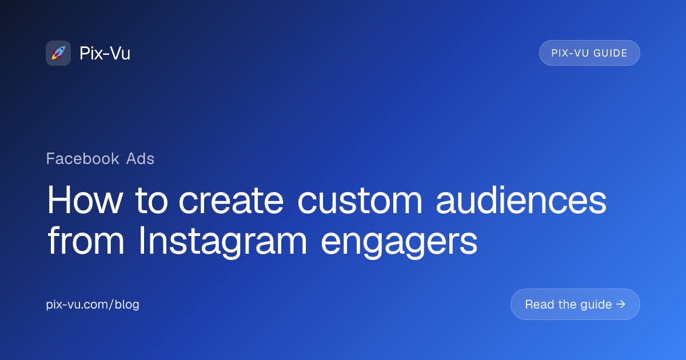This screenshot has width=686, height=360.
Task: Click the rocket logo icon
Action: pyautogui.click(x=58, y=53)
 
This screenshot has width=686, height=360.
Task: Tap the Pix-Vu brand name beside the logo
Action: pyautogui.click(x=105, y=53)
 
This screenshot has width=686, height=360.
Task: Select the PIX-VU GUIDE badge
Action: pyautogui.click(x=589, y=53)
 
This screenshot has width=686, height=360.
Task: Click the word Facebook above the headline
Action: pyautogui.click(x=82, y=158)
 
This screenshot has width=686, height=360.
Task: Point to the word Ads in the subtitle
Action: pyautogui.click(x=141, y=158)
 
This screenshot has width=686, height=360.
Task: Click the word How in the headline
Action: pyautogui.click(x=85, y=201)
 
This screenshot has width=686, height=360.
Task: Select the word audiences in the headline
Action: pyautogui.click(x=521, y=201)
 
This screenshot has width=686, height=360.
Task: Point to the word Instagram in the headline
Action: pyautogui.click(x=223, y=242)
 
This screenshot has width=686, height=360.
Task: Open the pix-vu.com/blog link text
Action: pyautogui.click(x=93, y=305)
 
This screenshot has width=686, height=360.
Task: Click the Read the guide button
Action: pyautogui.click(x=575, y=305)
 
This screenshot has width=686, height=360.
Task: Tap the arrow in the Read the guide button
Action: pyautogui.click(x=621, y=305)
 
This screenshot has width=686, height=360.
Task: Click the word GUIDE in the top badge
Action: pyautogui.click(x=610, y=53)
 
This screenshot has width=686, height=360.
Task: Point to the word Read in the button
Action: pyautogui.click(x=539, y=305)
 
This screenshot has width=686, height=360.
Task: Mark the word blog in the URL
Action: pyautogui.click(x=127, y=305)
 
